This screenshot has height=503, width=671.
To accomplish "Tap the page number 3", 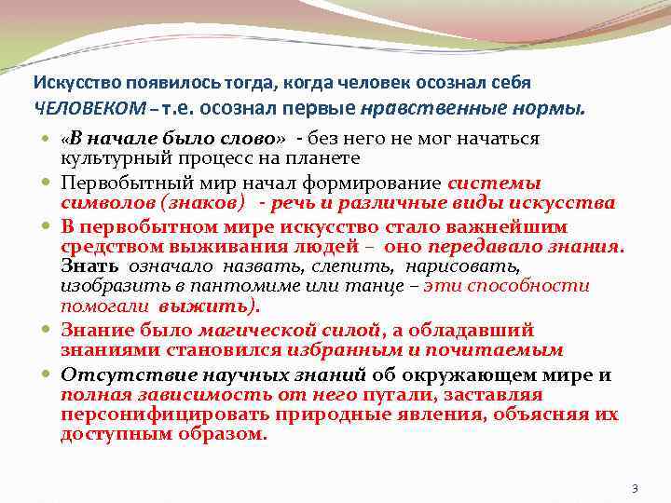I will (635, 489).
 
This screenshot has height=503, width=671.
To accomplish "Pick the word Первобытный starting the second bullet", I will (116, 184).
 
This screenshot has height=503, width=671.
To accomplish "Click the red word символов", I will (99, 201).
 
